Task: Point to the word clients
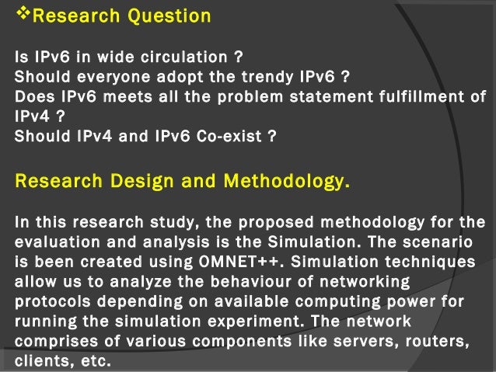coord(40,360)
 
